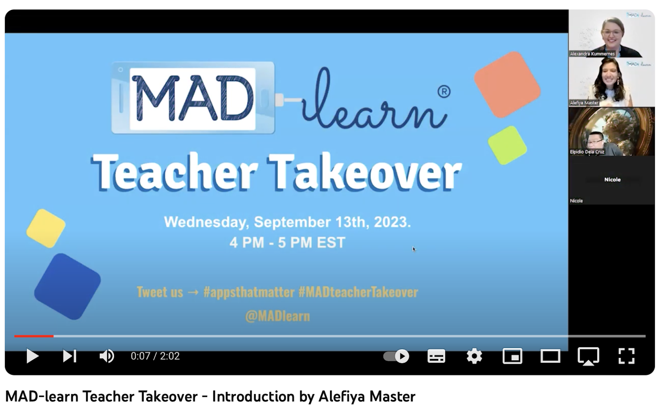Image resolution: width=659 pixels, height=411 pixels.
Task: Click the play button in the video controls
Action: [33, 356]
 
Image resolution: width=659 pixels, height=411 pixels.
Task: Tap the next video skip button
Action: [70, 356]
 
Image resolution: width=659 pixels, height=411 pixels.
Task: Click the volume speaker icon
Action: [107, 356]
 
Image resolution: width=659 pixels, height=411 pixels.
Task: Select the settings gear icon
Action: [474, 356]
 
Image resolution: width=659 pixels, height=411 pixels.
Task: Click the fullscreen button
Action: [626, 356]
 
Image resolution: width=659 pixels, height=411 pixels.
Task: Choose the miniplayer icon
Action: [512, 356]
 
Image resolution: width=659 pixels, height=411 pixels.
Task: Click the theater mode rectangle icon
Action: [550, 356]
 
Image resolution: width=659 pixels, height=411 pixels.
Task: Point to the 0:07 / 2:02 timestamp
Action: [155, 356]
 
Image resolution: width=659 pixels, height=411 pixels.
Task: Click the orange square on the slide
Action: [507, 85]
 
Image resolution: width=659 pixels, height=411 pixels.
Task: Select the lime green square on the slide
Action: [507, 145]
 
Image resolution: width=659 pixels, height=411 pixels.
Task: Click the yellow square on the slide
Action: [46, 229]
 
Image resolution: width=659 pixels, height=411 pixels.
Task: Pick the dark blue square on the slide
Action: [68, 286]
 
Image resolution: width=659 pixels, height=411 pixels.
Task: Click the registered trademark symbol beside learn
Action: [444, 91]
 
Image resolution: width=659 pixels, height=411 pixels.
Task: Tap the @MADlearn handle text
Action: [278, 316]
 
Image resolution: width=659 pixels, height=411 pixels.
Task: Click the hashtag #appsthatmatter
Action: [249, 292]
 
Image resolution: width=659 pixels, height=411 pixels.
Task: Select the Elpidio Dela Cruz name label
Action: [587, 152]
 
